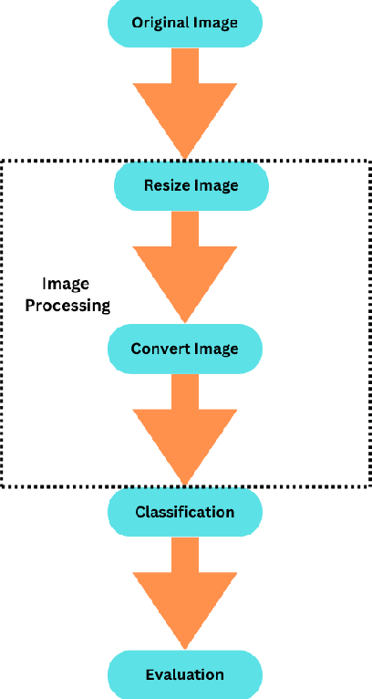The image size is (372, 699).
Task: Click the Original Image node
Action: click(x=186, y=23)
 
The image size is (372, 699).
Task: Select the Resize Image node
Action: click(x=191, y=186)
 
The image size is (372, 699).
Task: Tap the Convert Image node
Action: click(x=185, y=349)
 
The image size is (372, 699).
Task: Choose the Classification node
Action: click(x=185, y=512)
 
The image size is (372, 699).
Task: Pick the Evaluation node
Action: click(x=185, y=675)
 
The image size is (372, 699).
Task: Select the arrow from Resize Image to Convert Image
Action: click(x=185, y=266)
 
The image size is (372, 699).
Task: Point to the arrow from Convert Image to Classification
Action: click(x=185, y=429)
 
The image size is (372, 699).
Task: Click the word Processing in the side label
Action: click(x=67, y=306)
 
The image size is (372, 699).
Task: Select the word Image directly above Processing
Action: click(x=67, y=284)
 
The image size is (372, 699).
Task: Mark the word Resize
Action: click(x=166, y=186)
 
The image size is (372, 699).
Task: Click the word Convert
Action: click(x=159, y=349)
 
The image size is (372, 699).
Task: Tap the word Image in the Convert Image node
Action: click(x=215, y=349)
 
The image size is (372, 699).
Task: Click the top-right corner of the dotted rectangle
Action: click(x=368, y=162)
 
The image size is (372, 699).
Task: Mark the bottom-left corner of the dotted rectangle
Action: click(x=3, y=485)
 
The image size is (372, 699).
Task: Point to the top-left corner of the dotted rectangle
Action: click(x=3, y=162)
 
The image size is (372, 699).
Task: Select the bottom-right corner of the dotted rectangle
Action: click(x=368, y=485)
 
